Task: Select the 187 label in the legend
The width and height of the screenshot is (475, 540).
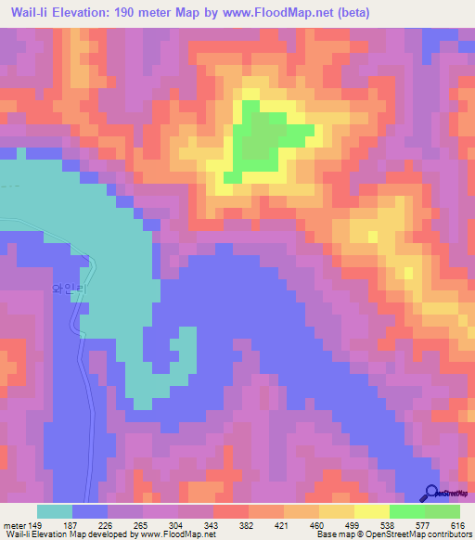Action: coord(73,526)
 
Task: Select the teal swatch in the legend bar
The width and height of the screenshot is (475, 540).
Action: coord(55,512)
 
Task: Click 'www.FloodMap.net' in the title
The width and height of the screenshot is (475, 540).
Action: coord(296,13)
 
